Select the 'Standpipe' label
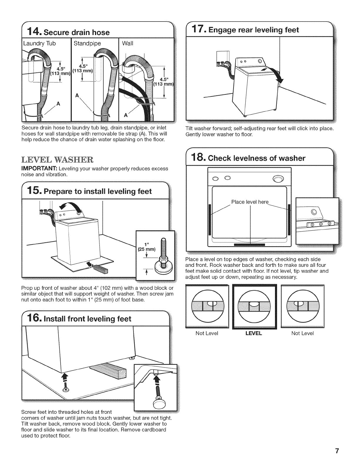click(87, 43)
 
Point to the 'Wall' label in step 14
click(127, 43)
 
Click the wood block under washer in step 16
click(105, 370)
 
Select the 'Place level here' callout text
click(250, 202)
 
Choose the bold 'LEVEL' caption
click(254, 333)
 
